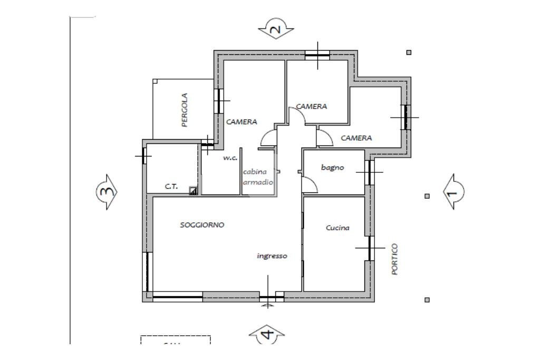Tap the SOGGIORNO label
(x=202, y=225)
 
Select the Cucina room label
(x=337, y=228)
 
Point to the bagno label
(x=332, y=168)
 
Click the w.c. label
(x=230, y=158)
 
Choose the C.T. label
(x=171, y=187)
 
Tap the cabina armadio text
(x=258, y=177)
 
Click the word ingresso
(x=272, y=256)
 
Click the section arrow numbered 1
(x=453, y=192)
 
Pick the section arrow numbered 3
(x=107, y=192)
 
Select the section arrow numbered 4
(x=267, y=334)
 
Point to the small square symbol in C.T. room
(x=193, y=191)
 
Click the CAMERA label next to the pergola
(x=242, y=122)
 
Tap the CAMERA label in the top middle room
(x=311, y=106)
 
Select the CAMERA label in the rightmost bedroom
(x=356, y=138)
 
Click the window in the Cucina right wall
(x=370, y=248)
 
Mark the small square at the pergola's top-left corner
(x=155, y=81)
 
